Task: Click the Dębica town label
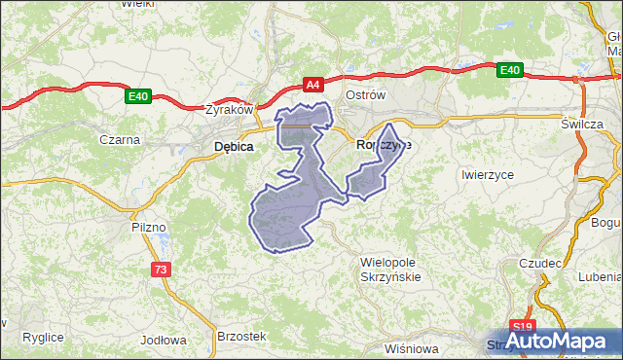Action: (234, 147)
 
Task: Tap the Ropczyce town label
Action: (384, 144)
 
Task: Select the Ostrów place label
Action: (367, 95)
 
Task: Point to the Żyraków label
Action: (230, 110)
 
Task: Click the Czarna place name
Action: (120, 139)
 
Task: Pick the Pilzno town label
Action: (151, 227)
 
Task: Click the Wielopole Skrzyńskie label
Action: (402, 270)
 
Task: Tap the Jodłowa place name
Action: (164, 341)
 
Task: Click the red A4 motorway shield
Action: (312, 86)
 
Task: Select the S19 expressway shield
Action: (523, 328)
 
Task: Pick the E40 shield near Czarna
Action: (137, 96)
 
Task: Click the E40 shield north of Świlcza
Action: (510, 70)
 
